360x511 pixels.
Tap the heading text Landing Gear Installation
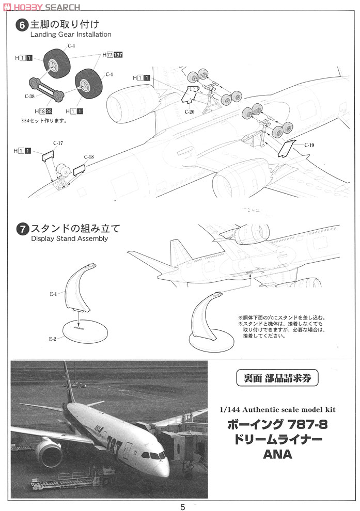pos(71,35)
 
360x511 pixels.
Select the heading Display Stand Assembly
pos(69,239)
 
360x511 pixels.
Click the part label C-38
pos(29,95)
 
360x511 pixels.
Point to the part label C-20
pos(190,111)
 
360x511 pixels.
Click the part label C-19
pos(309,145)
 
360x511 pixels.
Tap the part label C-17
pos(58,143)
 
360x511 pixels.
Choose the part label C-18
pos(89,157)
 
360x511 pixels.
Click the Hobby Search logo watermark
pos(41,7)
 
